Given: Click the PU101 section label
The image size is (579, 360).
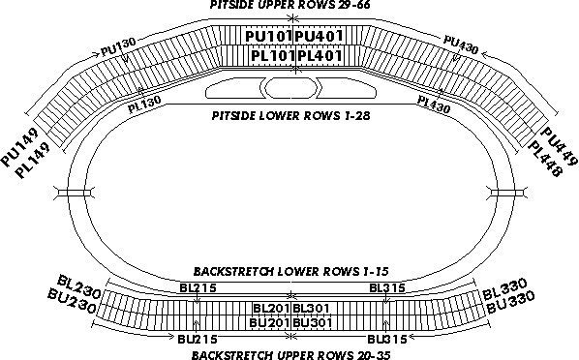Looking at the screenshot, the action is click(268, 36).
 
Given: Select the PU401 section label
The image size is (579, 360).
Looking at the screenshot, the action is click(319, 36).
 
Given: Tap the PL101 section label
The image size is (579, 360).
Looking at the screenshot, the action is click(273, 56).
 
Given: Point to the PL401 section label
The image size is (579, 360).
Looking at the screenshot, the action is click(320, 56).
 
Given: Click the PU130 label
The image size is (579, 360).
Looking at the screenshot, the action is click(118, 46).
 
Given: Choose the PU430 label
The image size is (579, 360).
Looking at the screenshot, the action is click(461, 45).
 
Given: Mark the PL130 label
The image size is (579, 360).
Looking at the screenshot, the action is click(144, 105).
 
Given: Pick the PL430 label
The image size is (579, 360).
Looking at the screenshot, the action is click(434, 105).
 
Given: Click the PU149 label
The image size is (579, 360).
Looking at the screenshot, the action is click(20, 147).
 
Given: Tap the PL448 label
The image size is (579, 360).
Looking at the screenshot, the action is click(545, 160).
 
